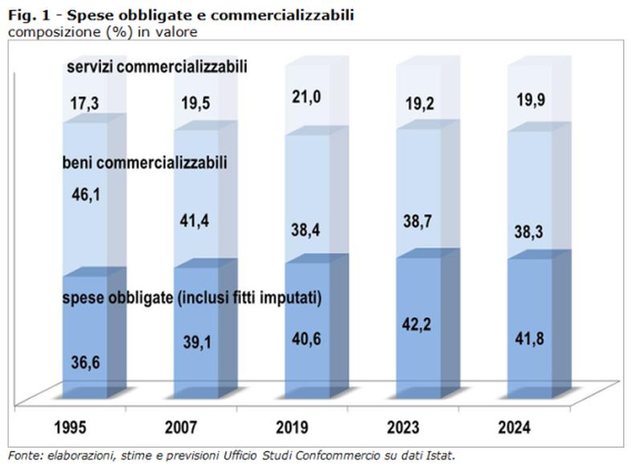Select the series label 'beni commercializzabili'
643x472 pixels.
[145, 163]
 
